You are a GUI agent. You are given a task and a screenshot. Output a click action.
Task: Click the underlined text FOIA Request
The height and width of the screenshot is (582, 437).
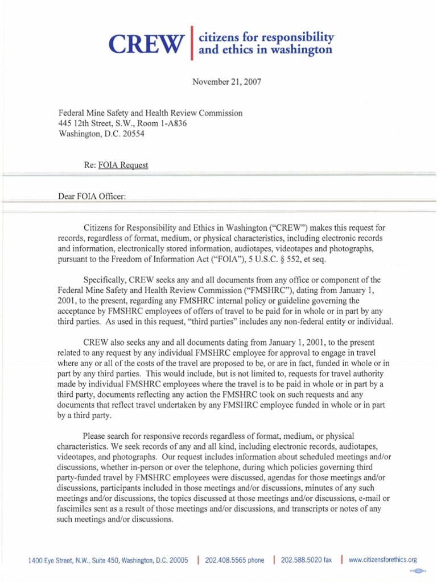click(123, 165)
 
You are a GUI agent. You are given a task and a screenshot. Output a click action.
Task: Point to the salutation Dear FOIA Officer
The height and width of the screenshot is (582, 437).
click(91, 196)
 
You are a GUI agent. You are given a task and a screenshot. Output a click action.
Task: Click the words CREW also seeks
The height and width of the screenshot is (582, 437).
click(114, 342)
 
